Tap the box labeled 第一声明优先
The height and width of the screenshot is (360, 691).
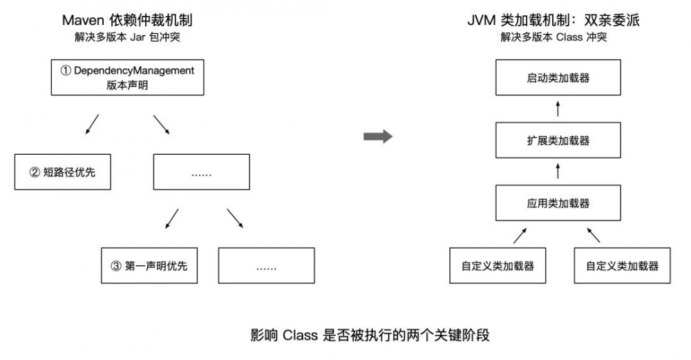(149, 265)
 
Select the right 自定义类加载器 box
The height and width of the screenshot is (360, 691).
(622, 265)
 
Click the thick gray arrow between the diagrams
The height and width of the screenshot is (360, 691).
(377, 137)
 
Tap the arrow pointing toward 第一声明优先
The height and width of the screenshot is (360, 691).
(172, 219)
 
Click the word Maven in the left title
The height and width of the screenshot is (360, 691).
(83, 21)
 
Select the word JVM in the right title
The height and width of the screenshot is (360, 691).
(481, 21)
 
